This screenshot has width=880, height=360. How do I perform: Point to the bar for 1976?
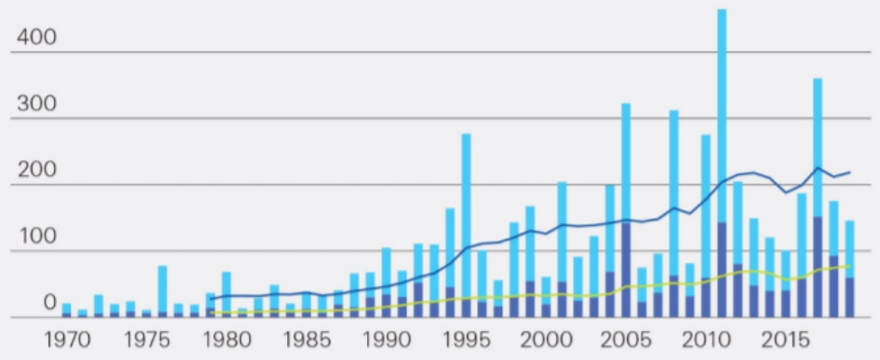pyautogui.click(x=162, y=288)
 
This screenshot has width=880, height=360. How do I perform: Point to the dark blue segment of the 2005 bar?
pyautogui.click(x=626, y=270)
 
